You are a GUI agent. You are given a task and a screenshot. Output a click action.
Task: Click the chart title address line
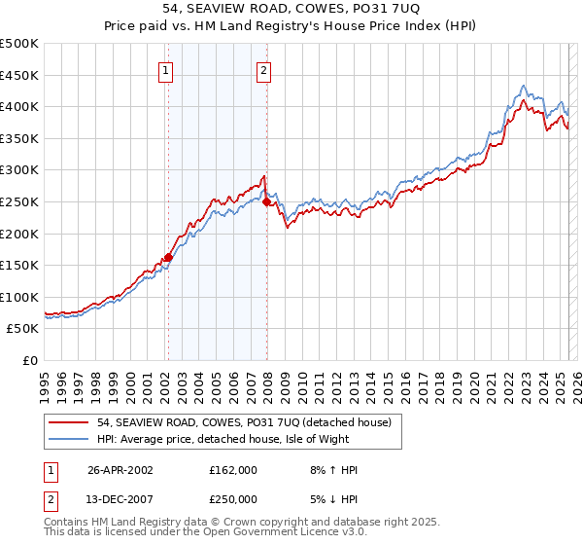coord(291,8)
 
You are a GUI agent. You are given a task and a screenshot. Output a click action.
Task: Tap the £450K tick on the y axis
coord(20,75)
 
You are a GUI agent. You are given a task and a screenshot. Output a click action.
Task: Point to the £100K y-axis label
coord(20,297)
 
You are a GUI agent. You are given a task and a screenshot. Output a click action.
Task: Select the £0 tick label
coord(30,360)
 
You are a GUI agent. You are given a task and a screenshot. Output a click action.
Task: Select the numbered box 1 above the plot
coord(166,70)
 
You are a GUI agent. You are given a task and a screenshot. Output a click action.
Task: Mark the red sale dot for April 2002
coord(168,258)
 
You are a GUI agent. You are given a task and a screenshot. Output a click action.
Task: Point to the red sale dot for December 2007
coord(266,202)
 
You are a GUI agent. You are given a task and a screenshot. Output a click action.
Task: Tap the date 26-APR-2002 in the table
coord(120,470)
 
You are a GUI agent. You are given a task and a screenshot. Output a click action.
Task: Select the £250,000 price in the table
coord(232,497)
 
